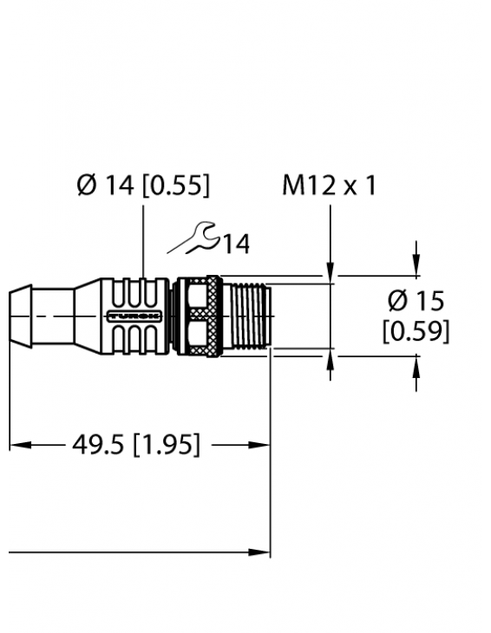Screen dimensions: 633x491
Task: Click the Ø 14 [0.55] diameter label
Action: (x=143, y=186)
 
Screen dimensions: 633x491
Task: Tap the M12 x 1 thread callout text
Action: (x=329, y=186)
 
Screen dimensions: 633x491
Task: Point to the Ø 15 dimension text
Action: (x=416, y=302)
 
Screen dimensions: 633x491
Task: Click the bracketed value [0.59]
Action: (x=416, y=330)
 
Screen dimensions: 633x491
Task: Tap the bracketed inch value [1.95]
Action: (x=164, y=446)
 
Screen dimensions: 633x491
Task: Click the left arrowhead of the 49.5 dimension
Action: (x=17, y=446)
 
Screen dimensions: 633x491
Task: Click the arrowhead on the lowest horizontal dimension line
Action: (x=261, y=551)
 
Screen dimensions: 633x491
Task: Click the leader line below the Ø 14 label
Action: (x=143, y=238)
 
